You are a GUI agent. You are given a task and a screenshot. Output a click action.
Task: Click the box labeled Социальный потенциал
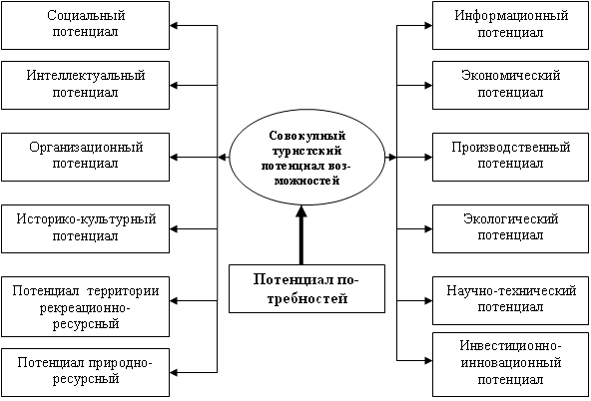pyautogui.click(x=85, y=25)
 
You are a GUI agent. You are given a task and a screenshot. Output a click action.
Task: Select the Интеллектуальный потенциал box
pyautogui.click(x=85, y=86)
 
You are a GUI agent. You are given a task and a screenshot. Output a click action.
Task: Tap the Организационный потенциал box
pyautogui.click(x=85, y=157)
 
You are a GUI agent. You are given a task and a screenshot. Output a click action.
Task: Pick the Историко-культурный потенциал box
pyautogui.click(x=85, y=228)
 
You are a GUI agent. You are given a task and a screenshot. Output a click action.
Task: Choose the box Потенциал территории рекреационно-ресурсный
pyautogui.click(x=85, y=307)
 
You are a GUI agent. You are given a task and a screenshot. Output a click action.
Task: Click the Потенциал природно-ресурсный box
pyautogui.click(x=85, y=372)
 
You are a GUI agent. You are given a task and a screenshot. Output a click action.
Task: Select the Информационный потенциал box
pyautogui.click(x=510, y=25)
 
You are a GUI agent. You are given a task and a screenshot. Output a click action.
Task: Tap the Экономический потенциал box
pyautogui.click(x=510, y=86)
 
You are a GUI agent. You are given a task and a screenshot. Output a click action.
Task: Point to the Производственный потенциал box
pyautogui.click(x=510, y=157)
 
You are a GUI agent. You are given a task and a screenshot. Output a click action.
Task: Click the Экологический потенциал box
pyautogui.click(x=510, y=228)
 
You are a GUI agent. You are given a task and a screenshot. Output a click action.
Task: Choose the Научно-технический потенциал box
pyautogui.click(x=510, y=301)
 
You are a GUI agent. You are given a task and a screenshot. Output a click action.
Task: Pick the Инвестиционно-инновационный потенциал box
pyautogui.click(x=510, y=364)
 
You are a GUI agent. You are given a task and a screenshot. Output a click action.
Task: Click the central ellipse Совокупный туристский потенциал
pyautogui.click(x=307, y=157)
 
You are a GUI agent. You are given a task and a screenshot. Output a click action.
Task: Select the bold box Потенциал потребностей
pyautogui.click(x=306, y=289)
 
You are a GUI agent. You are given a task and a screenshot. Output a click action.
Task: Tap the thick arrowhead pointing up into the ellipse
pyautogui.click(x=300, y=212)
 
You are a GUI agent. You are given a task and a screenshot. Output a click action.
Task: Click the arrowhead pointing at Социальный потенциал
pyautogui.click(x=174, y=26)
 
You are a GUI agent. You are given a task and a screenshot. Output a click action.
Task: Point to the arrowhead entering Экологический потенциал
pyautogui.click(x=428, y=228)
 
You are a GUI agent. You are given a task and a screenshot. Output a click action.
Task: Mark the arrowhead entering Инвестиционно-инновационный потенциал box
pyautogui.click(x=428, y=361)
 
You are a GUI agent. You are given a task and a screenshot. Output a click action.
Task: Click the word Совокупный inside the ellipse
pyautogui.click(x=307, y=136)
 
